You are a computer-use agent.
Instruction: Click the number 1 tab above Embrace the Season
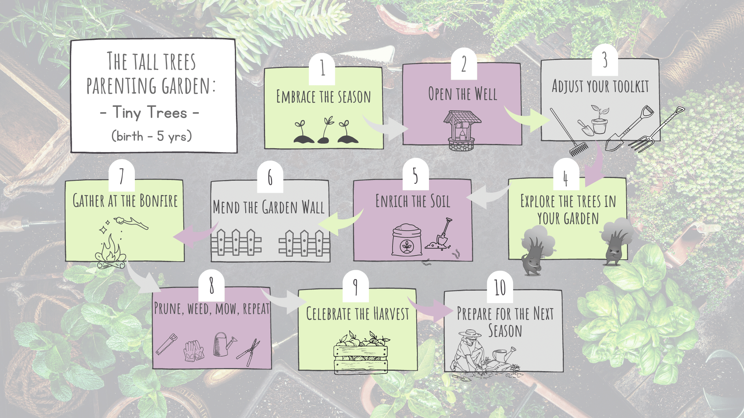coord(322,69)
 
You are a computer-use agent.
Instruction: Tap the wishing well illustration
coord(462,130)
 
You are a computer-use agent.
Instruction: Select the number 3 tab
coord(604,61)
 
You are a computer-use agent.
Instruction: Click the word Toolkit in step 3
coord(630,86)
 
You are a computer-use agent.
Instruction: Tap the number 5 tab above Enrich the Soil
coord(415,175)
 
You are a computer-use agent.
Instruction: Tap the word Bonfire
coord(158,201)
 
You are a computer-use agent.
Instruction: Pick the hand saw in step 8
coord(167,344)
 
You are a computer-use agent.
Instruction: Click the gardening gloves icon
coord(194,351)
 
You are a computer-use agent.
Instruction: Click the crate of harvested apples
coord(361,353)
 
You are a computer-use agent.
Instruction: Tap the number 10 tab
coord(500,288)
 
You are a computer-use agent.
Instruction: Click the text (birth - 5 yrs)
coord(152,136)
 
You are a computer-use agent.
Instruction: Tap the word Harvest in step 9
coord(391,313)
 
